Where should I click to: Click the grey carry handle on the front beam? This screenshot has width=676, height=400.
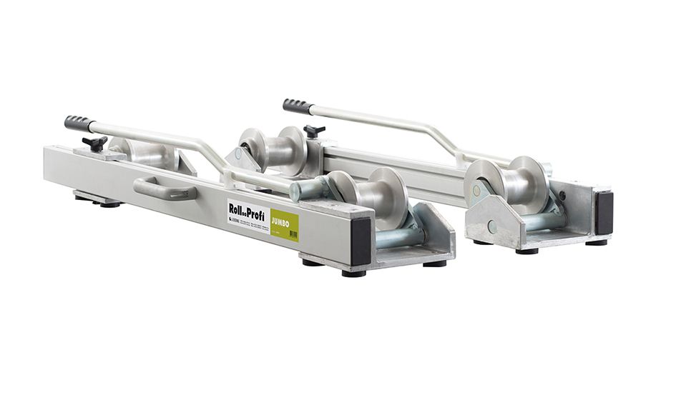click(x=165, y=189)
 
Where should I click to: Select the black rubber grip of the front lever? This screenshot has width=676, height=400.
click(x=78, y=123)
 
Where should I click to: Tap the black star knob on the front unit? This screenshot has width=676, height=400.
click(x=94, y=143)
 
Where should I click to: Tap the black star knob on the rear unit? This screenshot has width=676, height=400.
click(x=313, y=131)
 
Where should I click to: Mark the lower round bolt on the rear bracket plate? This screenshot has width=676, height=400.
click(x=491, y=227)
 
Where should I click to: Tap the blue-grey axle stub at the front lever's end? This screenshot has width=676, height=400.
click(x=307, y=190)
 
